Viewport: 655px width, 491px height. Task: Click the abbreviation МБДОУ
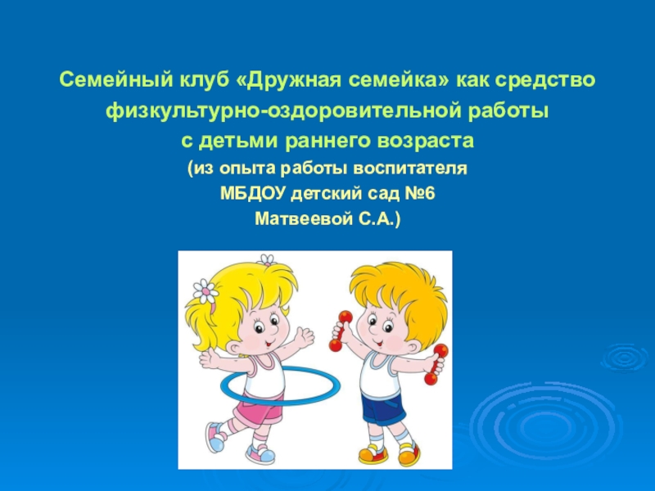click(x=253, y=193)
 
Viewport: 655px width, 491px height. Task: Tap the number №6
click(x=420, y=193)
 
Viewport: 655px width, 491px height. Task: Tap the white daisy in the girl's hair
click(x=205, y=291)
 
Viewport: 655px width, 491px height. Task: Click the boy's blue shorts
click(x=383, y=408)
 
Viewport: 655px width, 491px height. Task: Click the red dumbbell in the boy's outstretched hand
click(x=436, y=364)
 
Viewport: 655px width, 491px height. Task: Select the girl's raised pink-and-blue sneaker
click(x=216, y=437)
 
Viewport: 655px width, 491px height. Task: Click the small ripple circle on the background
click(x=625, y=358)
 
